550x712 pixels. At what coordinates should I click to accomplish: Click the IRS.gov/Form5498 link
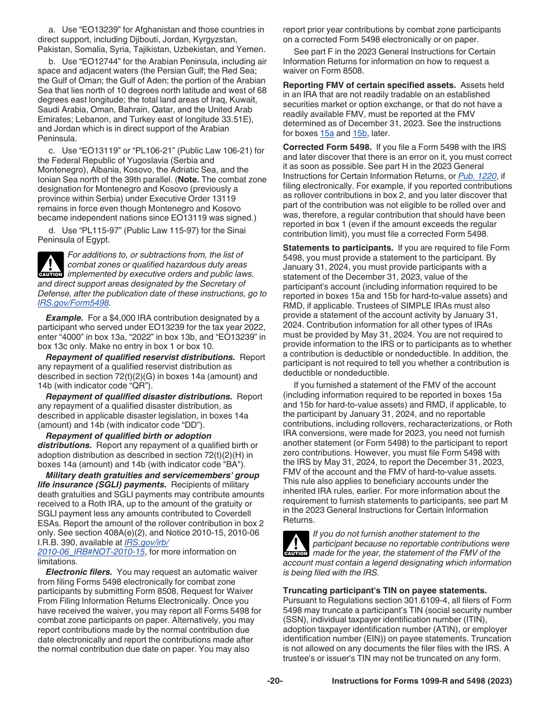74,303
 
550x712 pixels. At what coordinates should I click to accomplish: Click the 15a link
327,133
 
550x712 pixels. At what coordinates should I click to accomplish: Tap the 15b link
360,133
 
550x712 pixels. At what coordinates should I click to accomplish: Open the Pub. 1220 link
477,176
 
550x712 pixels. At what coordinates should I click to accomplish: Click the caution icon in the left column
50,265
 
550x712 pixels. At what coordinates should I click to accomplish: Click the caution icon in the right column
295,544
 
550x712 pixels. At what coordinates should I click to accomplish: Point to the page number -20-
275,681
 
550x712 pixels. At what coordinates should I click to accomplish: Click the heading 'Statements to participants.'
338,248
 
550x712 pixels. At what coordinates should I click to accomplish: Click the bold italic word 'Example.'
65,318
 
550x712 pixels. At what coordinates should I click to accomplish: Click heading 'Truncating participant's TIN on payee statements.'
385,590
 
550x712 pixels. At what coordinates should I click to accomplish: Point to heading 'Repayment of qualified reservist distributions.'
140,357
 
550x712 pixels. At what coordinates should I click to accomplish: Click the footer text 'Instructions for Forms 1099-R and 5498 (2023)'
421,681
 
